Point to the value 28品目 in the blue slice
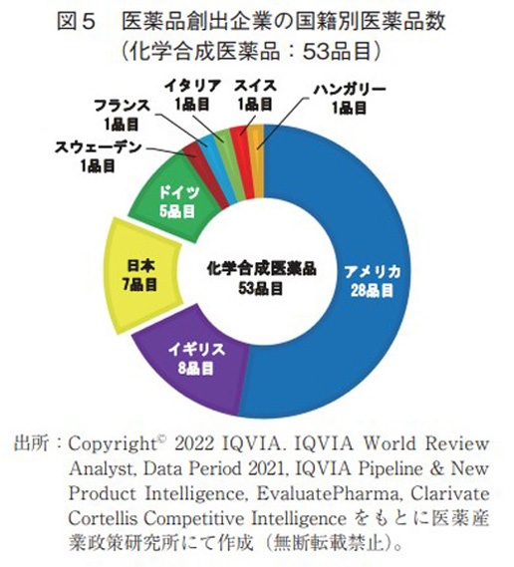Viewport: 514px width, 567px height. click(x=373, y=290)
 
